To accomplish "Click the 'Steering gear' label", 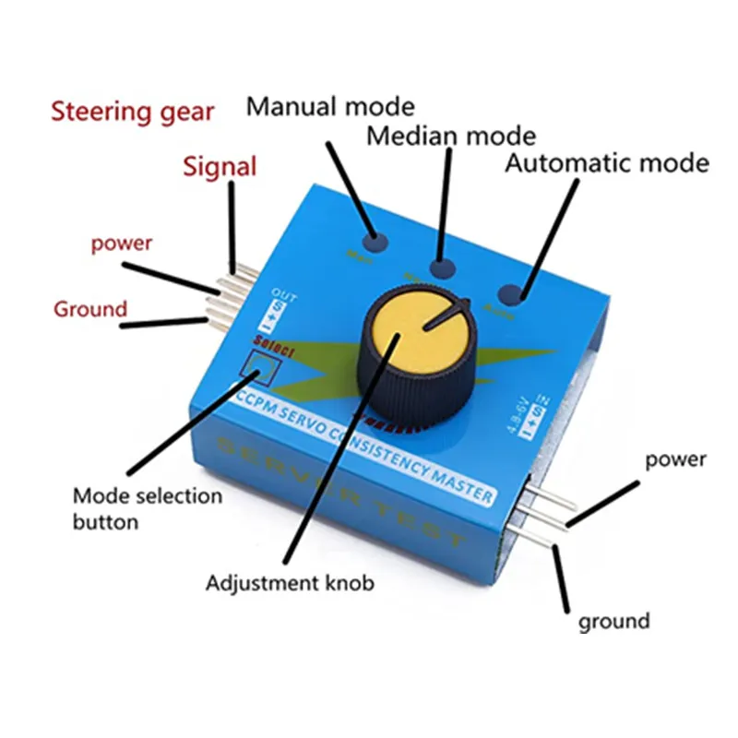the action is (x=132, y=113).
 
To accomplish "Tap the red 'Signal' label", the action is (x=220, y=167).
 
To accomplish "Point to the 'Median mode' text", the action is (x=451, y=137).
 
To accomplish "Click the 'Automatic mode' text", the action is (x=607, y=164).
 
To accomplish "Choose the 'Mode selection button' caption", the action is (x=148, y=508).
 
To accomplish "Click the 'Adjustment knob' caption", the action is (x=290, y=583).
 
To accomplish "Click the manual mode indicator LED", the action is (x=374, y=243).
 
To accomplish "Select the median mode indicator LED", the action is (x=444, y=270).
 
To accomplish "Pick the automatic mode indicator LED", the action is (x=512, y=294).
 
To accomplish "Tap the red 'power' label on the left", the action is (x=121, y=244).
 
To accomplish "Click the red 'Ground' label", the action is (x=90, y=308).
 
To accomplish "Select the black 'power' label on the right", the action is (x=675, y=459).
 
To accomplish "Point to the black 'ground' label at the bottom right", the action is (x=613, y=621).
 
